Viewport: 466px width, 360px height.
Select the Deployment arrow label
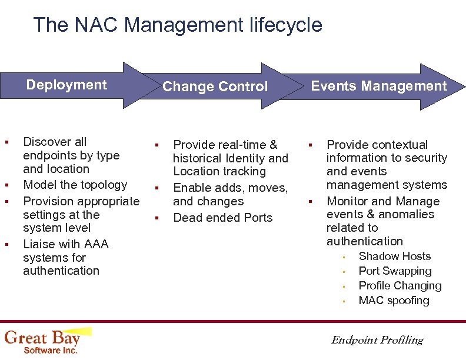pos(66,85)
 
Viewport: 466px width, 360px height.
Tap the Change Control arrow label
pos(215,87)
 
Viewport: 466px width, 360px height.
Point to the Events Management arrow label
pos(378,86)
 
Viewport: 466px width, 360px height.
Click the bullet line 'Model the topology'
pos(75,185)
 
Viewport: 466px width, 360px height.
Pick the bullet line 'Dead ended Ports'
pos(222,218)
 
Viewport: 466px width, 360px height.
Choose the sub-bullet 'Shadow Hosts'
pos(394,256)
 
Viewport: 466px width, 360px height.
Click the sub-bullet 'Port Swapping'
pos(395,271)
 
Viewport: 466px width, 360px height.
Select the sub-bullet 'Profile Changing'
pos(400,286)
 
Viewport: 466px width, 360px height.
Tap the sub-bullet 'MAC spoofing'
pos(394,301)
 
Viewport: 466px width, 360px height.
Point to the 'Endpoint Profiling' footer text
pos(377,340)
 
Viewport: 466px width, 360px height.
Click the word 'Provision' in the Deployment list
pos(47,201)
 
